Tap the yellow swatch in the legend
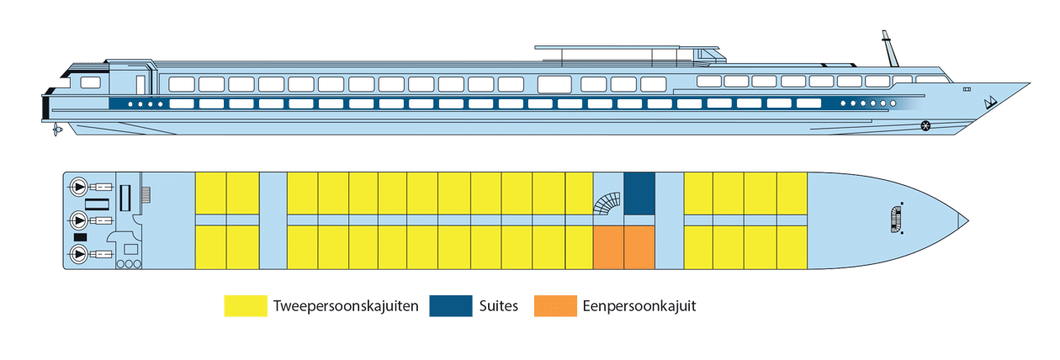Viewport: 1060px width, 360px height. pyautogui.click(x=245, y=306)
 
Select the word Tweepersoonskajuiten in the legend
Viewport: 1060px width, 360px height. pyautogui.click(x=346, y=306)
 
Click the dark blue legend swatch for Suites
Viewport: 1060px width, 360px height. pyautogui.click(x=450, y=306)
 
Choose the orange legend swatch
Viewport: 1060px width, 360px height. pyautogui.click(x=554, y=306)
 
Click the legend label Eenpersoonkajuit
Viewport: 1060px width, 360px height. pyautogui.click(x=639, y=306)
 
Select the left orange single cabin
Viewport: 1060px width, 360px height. pyautogui.click(x=608, y=247)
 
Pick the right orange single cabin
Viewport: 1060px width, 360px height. pyautogui.click(x=639, y=247)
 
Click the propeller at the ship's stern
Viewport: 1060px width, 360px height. pyautogui.click(x=56, y=130)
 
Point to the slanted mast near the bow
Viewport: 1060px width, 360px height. pyautogui.click(x=888, y=51)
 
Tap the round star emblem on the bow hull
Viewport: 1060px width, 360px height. pyautogui.click(x=926, y=126)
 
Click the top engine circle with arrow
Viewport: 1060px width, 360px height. pyautogui.click(x=78, y=186)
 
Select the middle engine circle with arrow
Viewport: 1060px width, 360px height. pyautogui.click(x=78, y=220)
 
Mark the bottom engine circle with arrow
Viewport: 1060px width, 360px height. pyautogui.click(x=78, y=254)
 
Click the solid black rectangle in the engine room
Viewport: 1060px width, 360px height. pyautogui.click(x=81, y=237)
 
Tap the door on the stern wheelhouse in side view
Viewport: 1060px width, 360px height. pyautogui.click(x=140, y=84)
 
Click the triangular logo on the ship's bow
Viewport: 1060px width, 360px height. pyautogui.click(x=990, y=102)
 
